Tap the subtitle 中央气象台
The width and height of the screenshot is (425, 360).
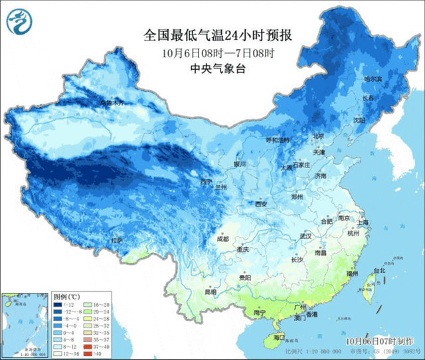(209, 68)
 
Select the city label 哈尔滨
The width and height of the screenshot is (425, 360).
(374, 79)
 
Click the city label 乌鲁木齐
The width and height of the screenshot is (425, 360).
(112, 103)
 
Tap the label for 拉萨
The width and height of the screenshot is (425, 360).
(116, 240)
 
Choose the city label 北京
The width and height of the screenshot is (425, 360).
(318, 136)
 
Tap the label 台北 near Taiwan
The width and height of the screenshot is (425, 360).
(379, 271)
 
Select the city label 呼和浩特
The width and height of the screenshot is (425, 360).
(278, 140)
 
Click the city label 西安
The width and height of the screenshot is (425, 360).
(262, 204)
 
